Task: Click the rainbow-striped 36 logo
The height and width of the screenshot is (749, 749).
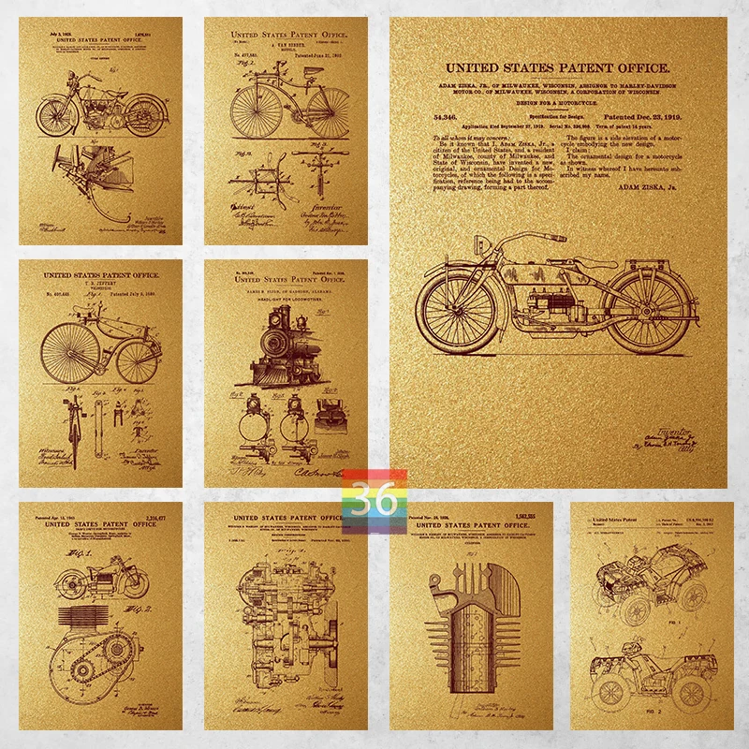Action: coord(374,494)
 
